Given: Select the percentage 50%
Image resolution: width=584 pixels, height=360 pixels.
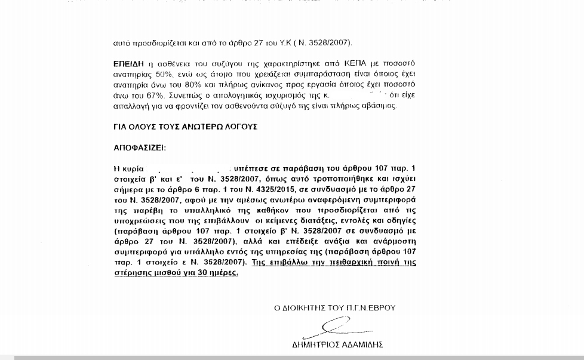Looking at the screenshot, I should [x=163, y=73].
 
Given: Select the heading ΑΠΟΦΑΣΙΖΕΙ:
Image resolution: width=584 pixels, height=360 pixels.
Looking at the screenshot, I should [x=140, y=147].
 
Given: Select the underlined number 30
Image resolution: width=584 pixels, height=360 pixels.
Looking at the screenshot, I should [x=202, y=273].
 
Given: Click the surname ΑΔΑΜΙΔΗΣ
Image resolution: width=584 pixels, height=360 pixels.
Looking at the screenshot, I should [x=363, y=344].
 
